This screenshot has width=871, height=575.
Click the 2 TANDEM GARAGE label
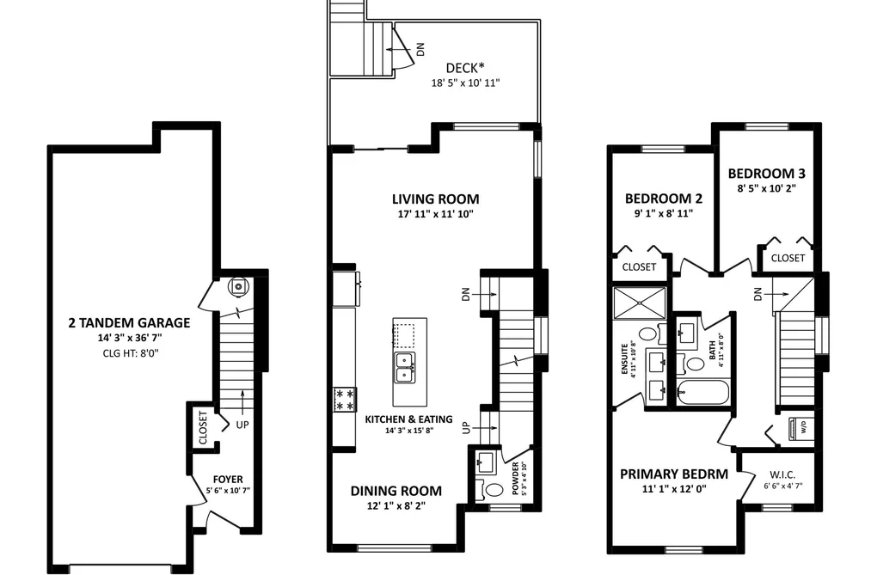click(x=129, y=322)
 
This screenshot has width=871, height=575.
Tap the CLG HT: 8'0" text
click(x=131, y=353)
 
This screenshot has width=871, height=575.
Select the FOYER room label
click(x=228, y=480)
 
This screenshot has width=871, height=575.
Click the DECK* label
click(x=465, y=68)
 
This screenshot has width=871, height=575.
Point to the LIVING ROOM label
click(x=435, y=199)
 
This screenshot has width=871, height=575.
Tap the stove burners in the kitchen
click(x=345, y=400)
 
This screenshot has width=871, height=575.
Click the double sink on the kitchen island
click(x=404, y=367)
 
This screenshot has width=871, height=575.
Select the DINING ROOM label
click(x=396, y=491)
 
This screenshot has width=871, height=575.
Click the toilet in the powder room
click(x=492, y=491)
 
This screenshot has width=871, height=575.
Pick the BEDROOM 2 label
click(x=663, y=199)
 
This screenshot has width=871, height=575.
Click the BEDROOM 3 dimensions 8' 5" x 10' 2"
click(x=767, y=188)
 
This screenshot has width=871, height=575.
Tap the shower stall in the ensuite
click(x=640, y=303)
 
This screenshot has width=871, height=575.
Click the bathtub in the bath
click(x=702, y=393)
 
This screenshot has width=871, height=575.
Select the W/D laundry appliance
click(x=800, y=427)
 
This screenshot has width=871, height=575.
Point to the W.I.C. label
click(x=782, y=475)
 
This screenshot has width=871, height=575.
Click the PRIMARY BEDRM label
click(x=674, y=474)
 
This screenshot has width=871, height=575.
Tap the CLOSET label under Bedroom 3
click(x=788, y=258)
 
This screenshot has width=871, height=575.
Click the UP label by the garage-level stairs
click(x=242, y=425)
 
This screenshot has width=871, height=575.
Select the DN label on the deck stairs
click(x=420, y=49)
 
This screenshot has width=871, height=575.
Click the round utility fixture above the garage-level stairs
click(x=239, y=286)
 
